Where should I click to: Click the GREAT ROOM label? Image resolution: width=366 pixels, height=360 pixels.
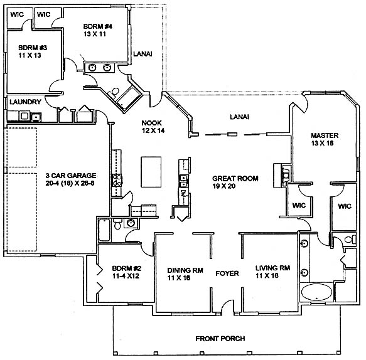click(235, 179)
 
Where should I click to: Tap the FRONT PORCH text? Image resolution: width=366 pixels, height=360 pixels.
click(220, 339)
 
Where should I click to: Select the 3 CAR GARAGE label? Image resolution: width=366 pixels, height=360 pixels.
click(71, 176)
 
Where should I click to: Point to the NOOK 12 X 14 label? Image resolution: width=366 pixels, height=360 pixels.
click(153, 127)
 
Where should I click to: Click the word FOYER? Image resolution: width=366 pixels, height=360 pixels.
click(227, 273)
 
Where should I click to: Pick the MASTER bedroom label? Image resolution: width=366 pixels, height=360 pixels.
click(325, 135)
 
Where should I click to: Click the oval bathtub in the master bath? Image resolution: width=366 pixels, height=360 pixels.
click(316, 292)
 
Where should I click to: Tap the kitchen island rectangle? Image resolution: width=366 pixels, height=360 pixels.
click(151, 172)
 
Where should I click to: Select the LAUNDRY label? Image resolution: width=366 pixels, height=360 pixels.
click(26, 102)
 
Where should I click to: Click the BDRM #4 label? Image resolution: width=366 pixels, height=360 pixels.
click(97, 26)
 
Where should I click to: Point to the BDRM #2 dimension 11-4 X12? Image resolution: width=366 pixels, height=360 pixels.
click(126, 276)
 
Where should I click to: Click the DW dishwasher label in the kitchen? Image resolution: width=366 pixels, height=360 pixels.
click(183, 193)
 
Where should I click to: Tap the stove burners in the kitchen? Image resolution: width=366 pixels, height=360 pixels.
click(117, 180)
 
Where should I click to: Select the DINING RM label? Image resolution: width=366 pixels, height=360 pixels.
click(185, 270)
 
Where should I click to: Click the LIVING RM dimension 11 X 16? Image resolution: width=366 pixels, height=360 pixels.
click(267, 275)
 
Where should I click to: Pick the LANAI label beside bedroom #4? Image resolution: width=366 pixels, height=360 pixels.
click(143, 54)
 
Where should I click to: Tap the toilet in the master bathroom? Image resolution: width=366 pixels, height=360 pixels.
click(350, 240)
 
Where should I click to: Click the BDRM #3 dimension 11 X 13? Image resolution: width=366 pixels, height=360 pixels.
click(30, 55)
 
